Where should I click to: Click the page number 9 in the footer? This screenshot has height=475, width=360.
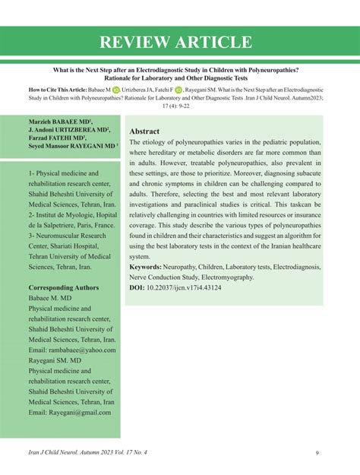(316, 454)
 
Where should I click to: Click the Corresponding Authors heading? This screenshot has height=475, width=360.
(63, 288)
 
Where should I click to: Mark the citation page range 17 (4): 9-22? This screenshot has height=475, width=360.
(180, 106)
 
